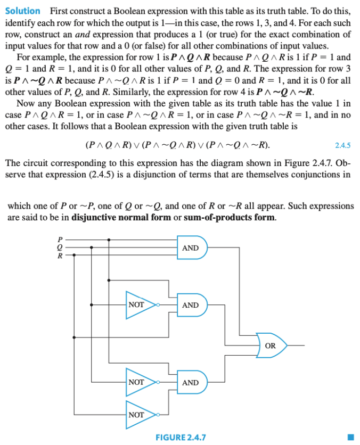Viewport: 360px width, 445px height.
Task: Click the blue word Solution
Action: point(22,11)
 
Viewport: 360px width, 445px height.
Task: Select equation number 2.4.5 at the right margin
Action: point(342,145)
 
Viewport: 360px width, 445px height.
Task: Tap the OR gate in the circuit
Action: point(271,345)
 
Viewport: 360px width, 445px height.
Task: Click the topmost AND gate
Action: point(191,248)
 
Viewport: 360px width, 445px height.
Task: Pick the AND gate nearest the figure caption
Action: point(191,383)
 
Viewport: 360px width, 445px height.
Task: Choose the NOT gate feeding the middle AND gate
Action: point(137,305)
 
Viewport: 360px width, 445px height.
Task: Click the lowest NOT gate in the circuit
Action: point(137,414)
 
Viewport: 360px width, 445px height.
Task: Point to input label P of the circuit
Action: point(60,240)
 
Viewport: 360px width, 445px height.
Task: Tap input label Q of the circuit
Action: point(60,248)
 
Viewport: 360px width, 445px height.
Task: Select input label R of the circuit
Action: point(60,255)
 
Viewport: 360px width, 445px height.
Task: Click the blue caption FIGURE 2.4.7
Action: point(180,438)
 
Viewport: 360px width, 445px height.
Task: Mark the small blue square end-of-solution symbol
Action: point(349,438)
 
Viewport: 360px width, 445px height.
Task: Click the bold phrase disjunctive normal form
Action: point(120,217)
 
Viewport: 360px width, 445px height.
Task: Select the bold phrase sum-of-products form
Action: point(229,217)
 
